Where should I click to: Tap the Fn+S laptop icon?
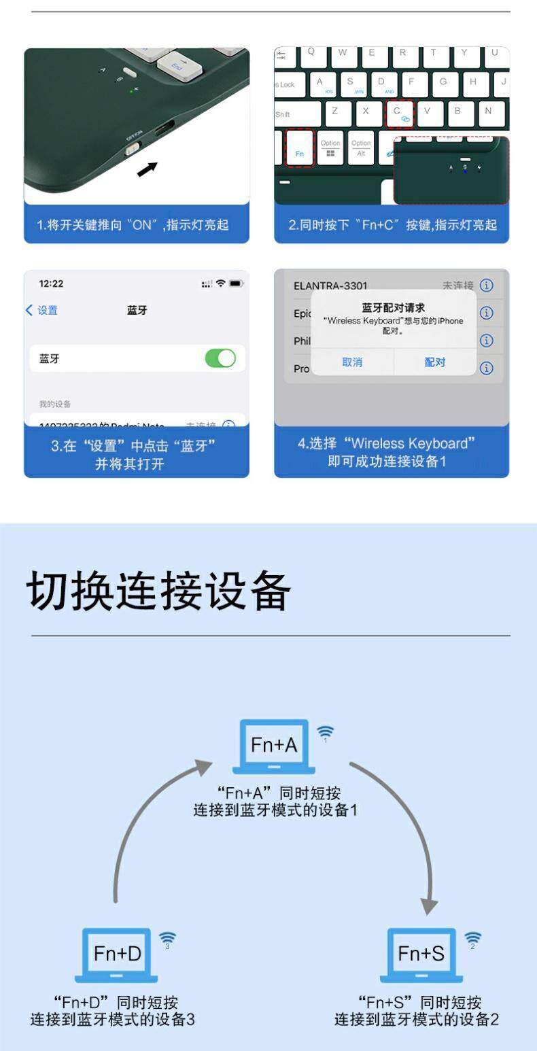[x=421, y=955]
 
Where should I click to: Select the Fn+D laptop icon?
[x=117, y=955]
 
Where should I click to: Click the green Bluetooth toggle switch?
[x=220, y=358]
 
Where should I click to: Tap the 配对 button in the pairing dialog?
[x=435, y=362]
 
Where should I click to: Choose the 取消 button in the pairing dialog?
[x=352, y=362]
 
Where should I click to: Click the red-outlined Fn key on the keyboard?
[x=300, y=148]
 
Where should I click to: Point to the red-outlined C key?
[x=400, y=114]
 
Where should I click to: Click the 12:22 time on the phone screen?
[x=51, y=283]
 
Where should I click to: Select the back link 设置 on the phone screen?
[x=42, y=311]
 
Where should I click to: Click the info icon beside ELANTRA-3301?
[x=487, y=286]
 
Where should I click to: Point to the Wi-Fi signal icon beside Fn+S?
[x=472, y=940]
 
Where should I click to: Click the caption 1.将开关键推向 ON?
[x=133, y=225]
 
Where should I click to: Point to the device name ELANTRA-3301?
[x=330, y=286]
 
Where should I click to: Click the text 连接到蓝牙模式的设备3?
[x=113, y=1020]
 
